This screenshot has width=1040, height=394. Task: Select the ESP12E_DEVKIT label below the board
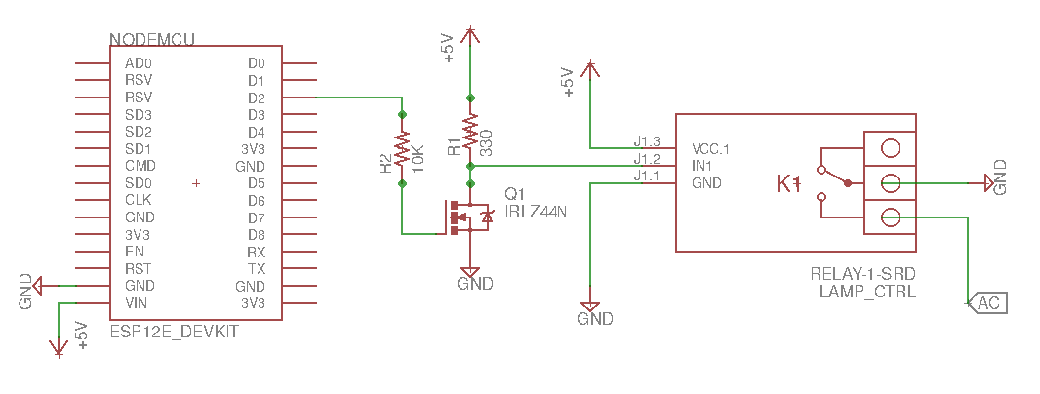(173, 332)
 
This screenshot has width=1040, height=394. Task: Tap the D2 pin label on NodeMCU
(257, 98)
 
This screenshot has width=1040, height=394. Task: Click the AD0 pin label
(139, 63)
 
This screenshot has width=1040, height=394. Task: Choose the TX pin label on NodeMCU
(257, 268)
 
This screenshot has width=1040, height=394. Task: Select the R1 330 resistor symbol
(470, 132)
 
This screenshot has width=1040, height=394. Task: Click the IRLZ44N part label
(537, 210)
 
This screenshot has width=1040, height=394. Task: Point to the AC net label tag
(987, 303)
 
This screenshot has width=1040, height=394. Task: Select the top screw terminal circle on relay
(890, 148)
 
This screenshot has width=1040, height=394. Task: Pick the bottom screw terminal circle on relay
(890, 217)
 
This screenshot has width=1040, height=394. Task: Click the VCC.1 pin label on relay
(710, 149)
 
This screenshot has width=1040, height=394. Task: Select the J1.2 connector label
(647, 158)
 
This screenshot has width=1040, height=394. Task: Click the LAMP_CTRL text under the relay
(866, 291)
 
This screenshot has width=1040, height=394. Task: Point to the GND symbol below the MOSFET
(471, 275)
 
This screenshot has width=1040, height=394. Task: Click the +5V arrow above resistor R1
(470, 37)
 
